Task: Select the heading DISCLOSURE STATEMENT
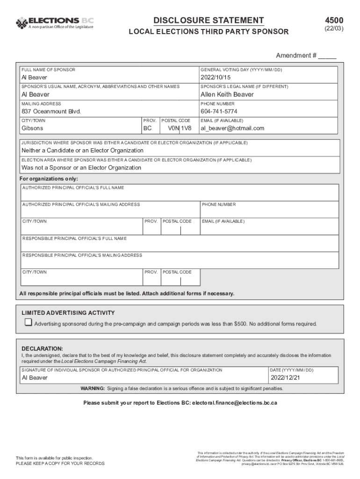pos(209,20)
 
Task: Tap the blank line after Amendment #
pos(327,56)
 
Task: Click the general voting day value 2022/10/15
pos(216,78)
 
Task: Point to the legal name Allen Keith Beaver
pos(227,94)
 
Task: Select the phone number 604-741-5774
pos(219,111)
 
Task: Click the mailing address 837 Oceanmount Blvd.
pos(51,111)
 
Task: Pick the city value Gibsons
pos(32,128)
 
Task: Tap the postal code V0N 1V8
pos(180,128)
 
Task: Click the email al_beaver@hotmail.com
pos(232,128)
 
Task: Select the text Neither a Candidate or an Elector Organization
pos(83,151)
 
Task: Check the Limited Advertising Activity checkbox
pos(29,322)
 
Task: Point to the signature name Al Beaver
pos(35,377)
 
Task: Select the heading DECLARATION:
pos(43,349)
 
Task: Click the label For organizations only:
pos(49,179)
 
